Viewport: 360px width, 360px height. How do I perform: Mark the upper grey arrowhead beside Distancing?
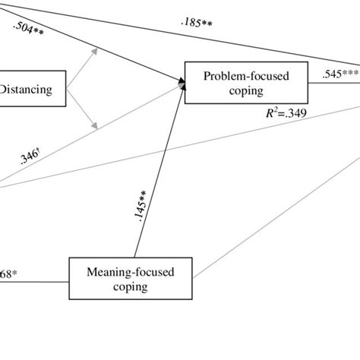click(x=96, y=51)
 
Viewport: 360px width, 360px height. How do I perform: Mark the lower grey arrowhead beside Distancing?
click(x=96, y=127)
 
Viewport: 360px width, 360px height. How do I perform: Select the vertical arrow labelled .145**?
click(x=159, y=175)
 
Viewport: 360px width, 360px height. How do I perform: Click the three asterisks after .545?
click(x=350, y=74)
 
